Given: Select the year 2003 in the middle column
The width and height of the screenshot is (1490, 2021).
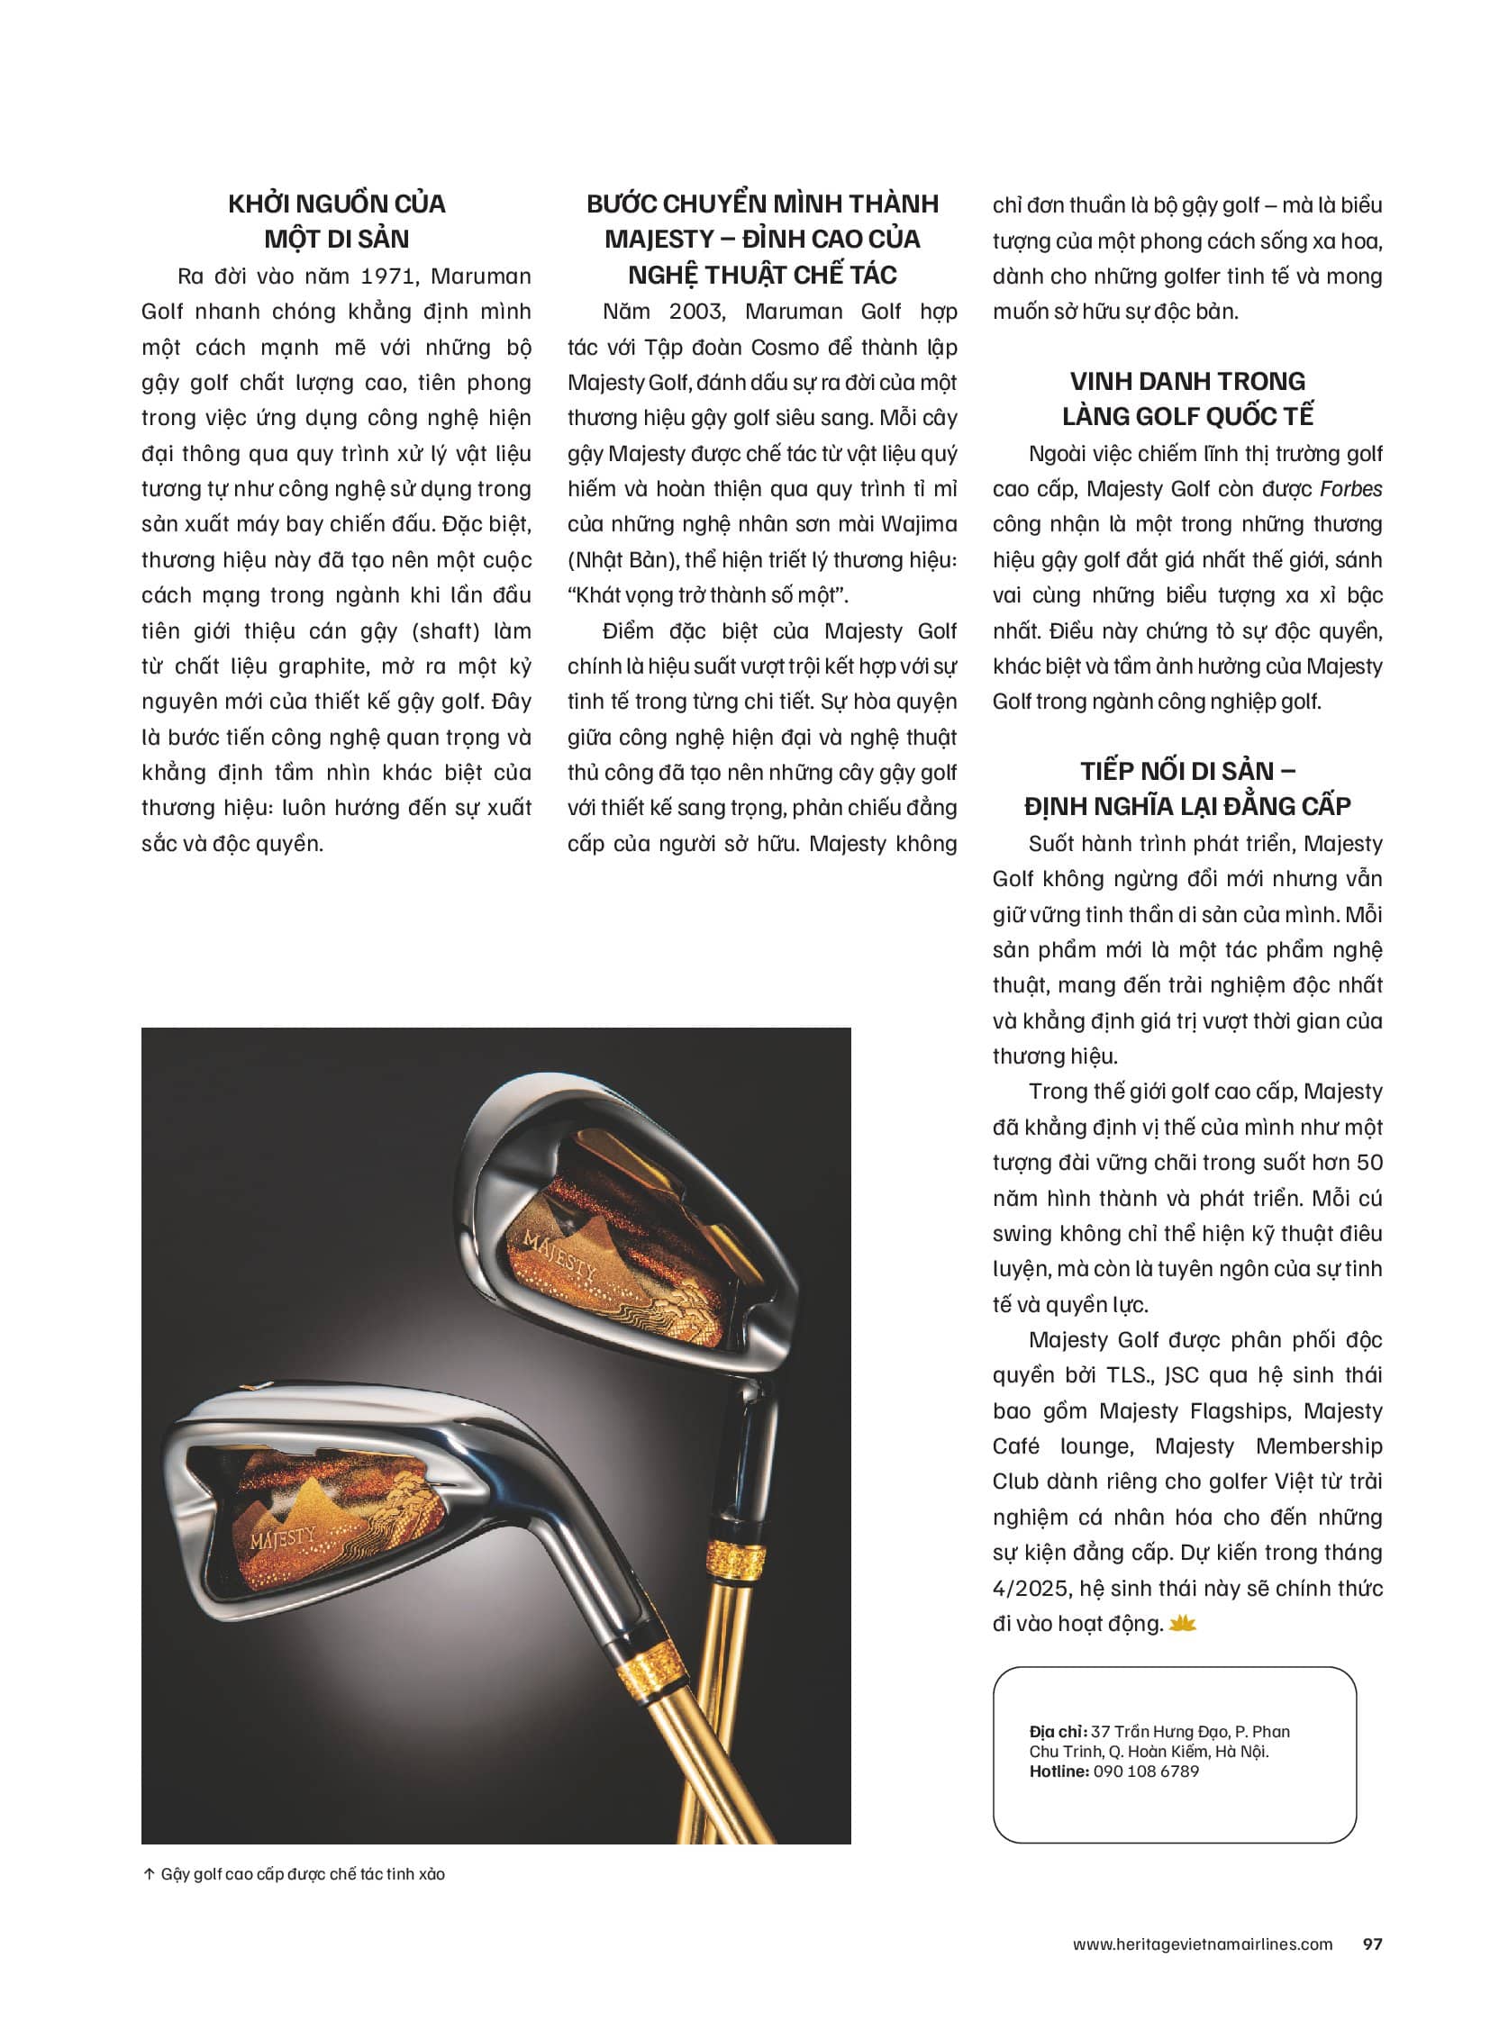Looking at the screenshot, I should tap(695, 312).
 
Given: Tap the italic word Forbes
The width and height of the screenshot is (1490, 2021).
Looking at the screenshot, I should tap(1350, 490).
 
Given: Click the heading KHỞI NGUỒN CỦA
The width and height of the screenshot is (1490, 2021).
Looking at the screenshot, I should tap(336, 204).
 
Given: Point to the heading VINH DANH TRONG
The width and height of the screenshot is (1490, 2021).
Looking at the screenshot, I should tap(1187, 382).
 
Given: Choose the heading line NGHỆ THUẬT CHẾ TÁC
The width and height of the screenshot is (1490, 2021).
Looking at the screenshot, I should tap(762, 275).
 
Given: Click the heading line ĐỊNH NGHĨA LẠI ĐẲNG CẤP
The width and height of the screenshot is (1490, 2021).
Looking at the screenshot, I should tap(1187, 806).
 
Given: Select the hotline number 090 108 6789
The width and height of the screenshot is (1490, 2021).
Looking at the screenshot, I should tap(1146, 1772).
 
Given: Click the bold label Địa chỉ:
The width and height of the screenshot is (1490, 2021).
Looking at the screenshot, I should tap(1057, 1732).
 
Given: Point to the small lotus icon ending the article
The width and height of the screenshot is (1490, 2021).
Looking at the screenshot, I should tap(1182, 1623).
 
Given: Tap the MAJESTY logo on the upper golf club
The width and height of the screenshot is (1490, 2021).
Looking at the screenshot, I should tap(560, 1255).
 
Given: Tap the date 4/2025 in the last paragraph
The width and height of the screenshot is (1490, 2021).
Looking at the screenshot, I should tap(1029, 1588).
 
